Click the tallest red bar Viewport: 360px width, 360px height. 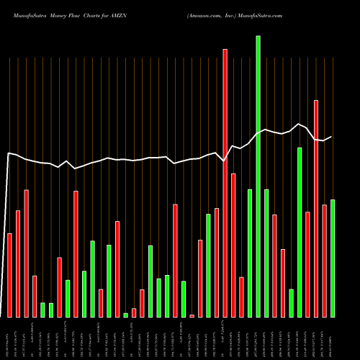coord(225,183)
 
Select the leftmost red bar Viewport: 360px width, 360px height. coord(9,275)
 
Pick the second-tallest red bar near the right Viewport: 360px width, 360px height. coord(316,209)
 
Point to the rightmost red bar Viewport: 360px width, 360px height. coord(324,261)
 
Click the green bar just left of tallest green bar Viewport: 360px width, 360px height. coord(250,253)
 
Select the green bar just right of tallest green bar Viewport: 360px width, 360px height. coord(266,253)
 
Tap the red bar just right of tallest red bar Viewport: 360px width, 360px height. coord(233,245)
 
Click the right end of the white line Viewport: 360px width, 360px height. coord(332,137)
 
